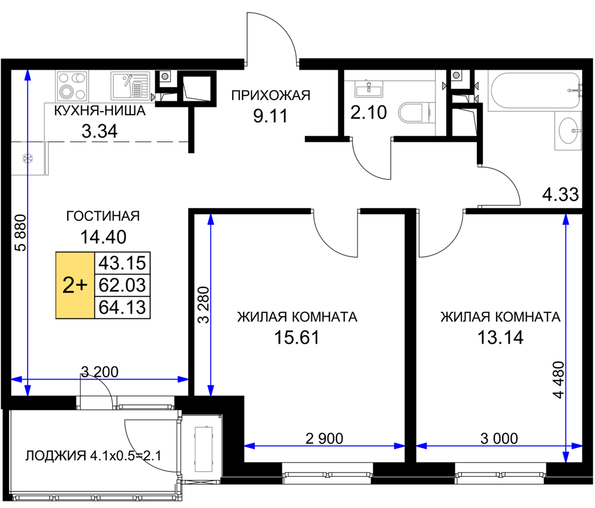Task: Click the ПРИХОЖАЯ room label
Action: click(x=271, y=95)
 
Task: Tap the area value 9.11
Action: click(x=271, y=116)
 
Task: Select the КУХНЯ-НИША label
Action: click(x=100, y=111)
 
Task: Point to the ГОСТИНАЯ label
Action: click(x=103, y=216)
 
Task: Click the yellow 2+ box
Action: click(x=75, y=285)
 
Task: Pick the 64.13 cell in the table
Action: click(x=122, y=307)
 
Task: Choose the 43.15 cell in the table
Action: click(x=122, y=263)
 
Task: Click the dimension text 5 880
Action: click(x=21, y=233)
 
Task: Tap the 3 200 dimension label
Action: click(x=100, y=372)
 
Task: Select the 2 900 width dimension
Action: click(x=324, y=438)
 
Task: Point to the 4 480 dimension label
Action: click(x=559, y=380)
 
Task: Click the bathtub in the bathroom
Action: click(x=534, y=91)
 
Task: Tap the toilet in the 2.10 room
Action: click(x=416, y=112)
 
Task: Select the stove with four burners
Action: click(x=72, y=86)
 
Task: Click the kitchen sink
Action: click(x=130, y=86)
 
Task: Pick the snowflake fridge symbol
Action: click(x=28, y=158)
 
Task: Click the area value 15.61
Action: click(x=297, y=337)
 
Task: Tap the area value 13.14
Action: click(x=500, y=337)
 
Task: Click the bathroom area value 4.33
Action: click(x=560, y=195)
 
